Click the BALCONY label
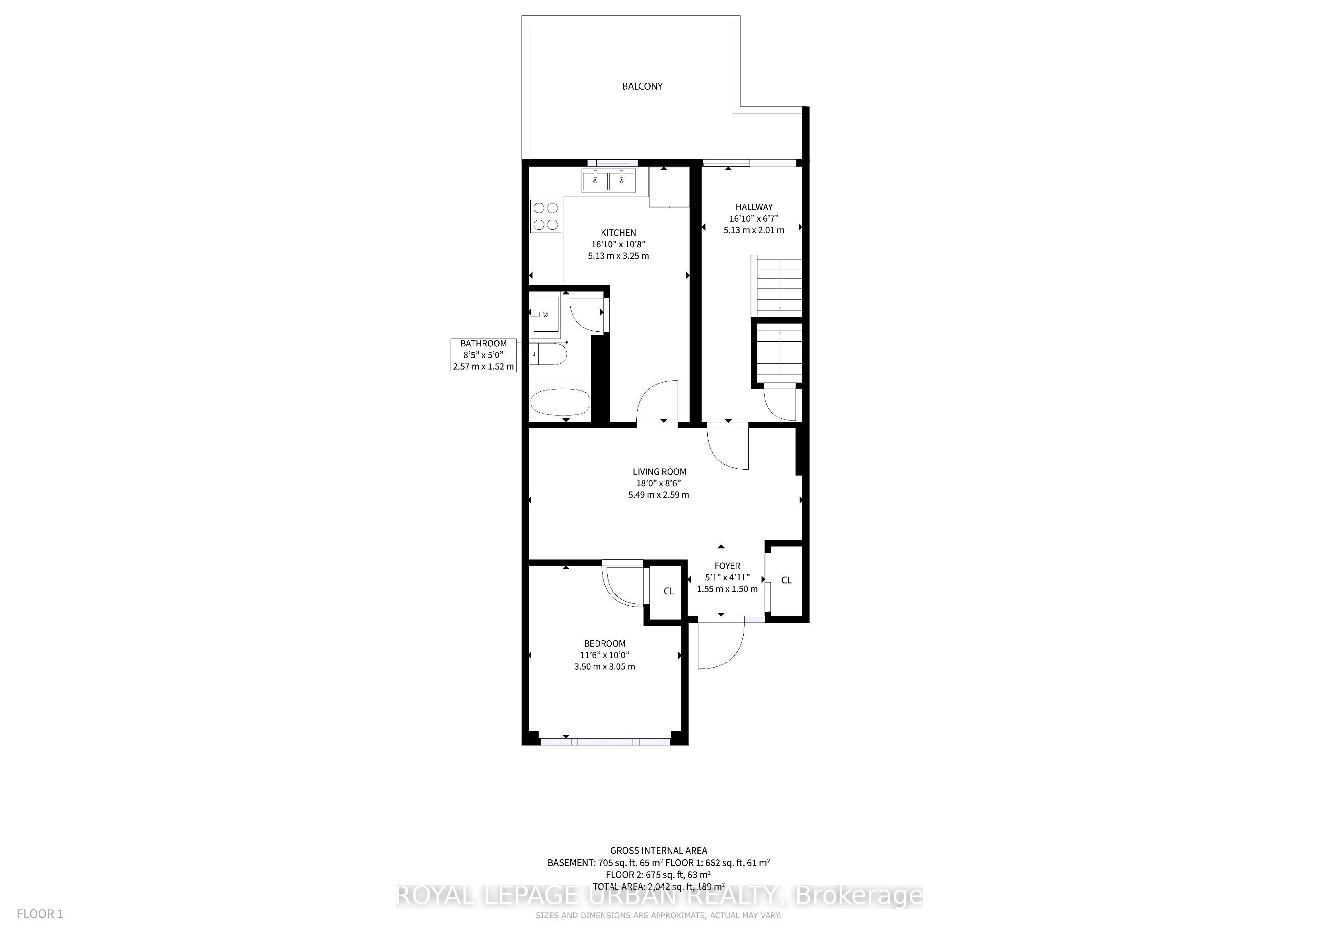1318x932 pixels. pos(642,86)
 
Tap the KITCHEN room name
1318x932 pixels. pos(618,233)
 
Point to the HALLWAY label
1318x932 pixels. pos(754,207)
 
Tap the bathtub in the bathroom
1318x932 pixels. pos(560,403)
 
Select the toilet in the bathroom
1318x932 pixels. pos(549,355)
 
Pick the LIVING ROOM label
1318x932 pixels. pos(659,472)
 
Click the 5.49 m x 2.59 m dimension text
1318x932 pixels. pos(659,495)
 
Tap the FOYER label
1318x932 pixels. pos(727,566)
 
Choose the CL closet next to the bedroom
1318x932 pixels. pos(668,591)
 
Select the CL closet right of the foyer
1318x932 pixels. pos(786,580)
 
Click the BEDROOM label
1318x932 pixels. pos(604,643)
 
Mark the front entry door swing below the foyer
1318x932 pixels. pos(720,646)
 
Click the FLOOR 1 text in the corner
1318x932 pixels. pos(40,914)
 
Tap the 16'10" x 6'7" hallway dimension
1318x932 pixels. pos(754,218)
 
